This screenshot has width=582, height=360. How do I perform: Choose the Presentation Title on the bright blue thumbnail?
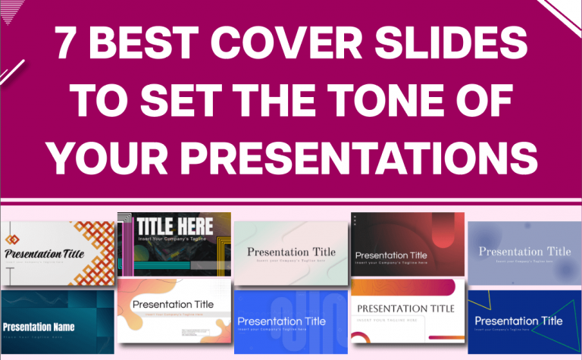(282, 321)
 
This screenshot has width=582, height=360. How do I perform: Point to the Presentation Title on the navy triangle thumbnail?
(518, 321)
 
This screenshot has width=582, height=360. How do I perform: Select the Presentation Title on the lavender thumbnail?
(524, 252)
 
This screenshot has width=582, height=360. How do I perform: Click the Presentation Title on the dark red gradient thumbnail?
(391, 255)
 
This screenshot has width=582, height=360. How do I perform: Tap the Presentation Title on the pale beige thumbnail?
(291, 252)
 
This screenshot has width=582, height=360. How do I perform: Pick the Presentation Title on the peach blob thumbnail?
(173, 305)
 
